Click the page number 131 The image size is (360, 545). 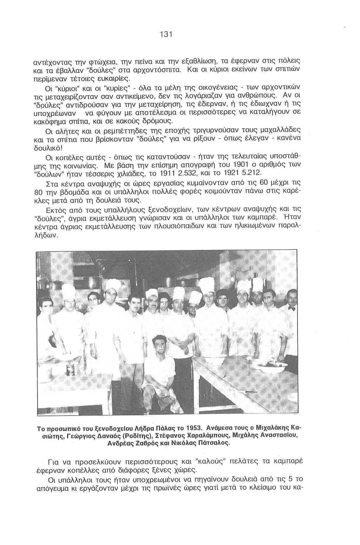pyautogui.click(x=166, y=34)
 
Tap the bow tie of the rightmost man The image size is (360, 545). pyautogui.click(x=292, y=308)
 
